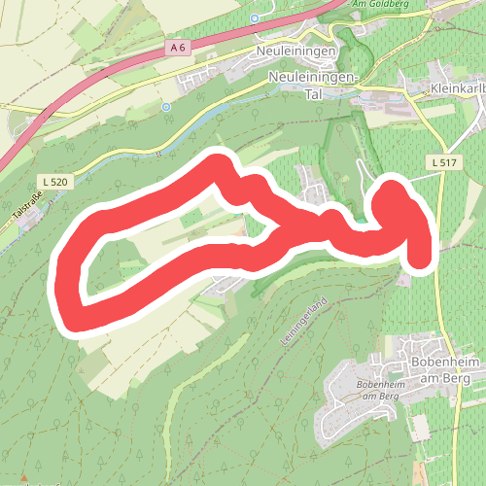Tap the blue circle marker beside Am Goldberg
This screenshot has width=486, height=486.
[x=255, y=17]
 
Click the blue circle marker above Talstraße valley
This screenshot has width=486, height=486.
[x=166, y=106]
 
